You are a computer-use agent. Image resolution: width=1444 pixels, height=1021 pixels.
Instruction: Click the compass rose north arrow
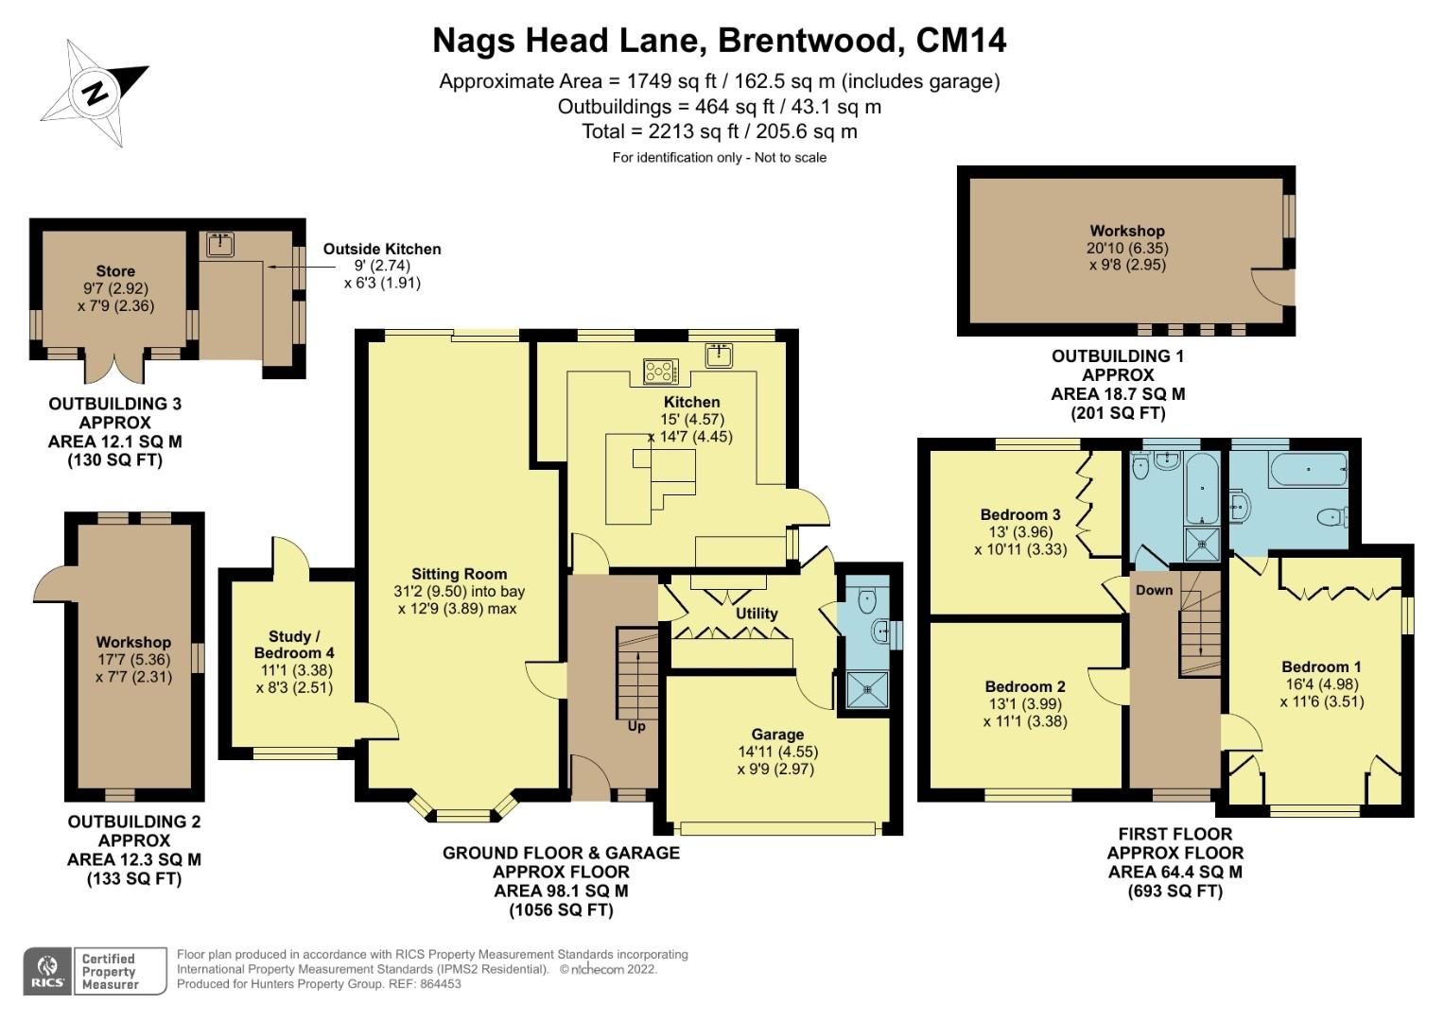pyautogui.click(x=95, y=93)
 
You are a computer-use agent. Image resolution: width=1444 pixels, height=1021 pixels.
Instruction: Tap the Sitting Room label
pyautogui.click(x=459, y=574)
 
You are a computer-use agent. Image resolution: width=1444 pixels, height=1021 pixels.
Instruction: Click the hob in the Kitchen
pyautogui.click(x=661, y=372)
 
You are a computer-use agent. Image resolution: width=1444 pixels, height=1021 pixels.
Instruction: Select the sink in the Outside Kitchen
pyautogui.click(x=220, y=244)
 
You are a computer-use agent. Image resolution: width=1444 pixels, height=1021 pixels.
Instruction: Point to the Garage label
pyautogui.click(x=777, y=735)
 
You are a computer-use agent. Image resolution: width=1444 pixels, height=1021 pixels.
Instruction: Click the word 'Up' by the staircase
pyautogui.click(x=636, y=726)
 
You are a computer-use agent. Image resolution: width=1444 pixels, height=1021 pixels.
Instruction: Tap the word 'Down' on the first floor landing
pyautogui.click(x=1154, y=590)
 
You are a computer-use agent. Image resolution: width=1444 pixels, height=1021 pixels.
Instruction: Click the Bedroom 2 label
pyautogui.click(x=1025, y=686)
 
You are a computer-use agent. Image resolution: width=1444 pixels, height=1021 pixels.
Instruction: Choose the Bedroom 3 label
pyautogui.click(x=1020, y=515)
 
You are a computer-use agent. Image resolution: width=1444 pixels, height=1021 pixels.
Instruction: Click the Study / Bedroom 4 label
pyautogui.click(x=294, y=645)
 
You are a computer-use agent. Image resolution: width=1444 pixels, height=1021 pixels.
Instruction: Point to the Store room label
pyautogui.click(x=115, y=271)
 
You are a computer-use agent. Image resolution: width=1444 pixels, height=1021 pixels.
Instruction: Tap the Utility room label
pyautogui.click(x=757, y=614)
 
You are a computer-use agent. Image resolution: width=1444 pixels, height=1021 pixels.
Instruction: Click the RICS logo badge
pyautogui.click(x=47, y=971)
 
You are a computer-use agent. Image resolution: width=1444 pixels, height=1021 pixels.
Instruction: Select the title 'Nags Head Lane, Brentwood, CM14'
pyautogui.click(x=720, y=41)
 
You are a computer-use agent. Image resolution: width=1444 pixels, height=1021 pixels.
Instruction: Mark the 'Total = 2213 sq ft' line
pyautogui.click(x=720, y=131)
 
